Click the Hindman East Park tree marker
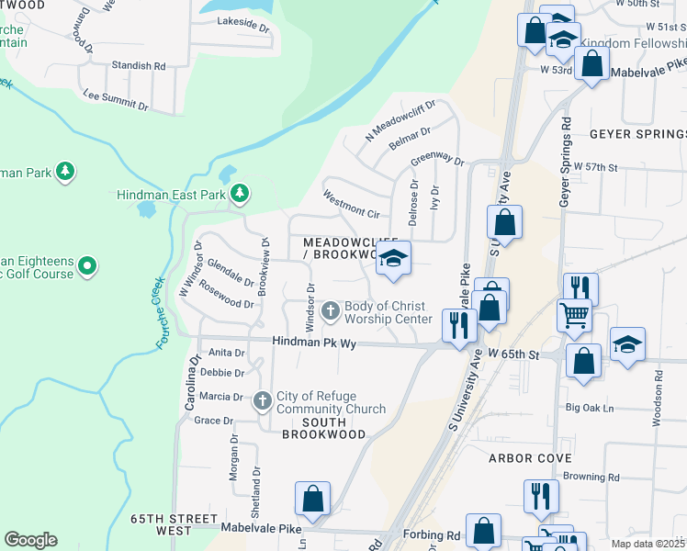pos(239,194)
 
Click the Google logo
pos(30,540)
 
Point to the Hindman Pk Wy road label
pos(313,343)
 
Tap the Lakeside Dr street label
pos(242,28)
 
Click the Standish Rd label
pos(138,66)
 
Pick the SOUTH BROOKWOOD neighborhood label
pos(314,428)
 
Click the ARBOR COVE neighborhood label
pos(530,457)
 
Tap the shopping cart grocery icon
pos(575,314)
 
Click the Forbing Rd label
pos(440,535)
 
